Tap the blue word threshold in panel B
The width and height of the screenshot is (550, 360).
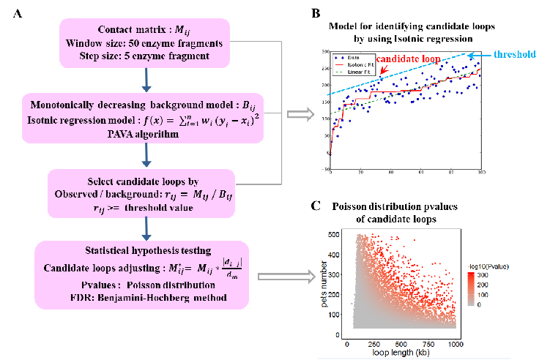point(511,53)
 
